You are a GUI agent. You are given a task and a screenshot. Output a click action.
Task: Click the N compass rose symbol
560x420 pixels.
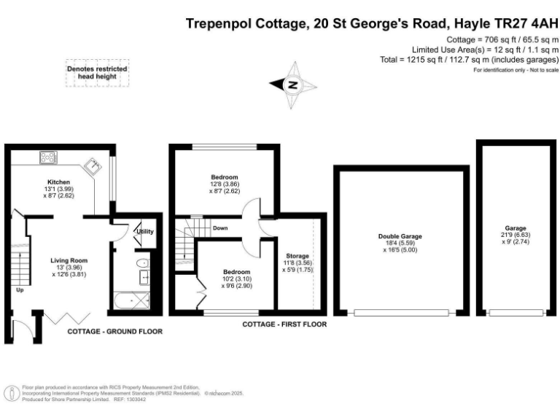click(x=294, y=85)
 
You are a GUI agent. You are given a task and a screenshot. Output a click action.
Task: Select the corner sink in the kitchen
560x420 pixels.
click(x=95, y=166)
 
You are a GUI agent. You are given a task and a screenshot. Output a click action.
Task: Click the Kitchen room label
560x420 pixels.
click(x=58, y=182)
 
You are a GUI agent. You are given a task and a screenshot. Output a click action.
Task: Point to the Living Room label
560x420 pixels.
click(x=69, y=260)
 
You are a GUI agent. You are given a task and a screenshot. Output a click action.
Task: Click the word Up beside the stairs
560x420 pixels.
click(x=19, y=289)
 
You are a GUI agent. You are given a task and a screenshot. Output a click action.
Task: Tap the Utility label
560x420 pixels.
click(x=144, y=231)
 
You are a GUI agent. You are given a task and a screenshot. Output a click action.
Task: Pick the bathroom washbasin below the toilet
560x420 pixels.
click(x=144, y=277)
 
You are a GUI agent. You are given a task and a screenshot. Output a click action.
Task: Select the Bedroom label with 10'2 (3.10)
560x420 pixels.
click(x=236, y=272)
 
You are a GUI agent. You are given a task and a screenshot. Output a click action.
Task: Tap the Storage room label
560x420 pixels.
click(x=297, y=256)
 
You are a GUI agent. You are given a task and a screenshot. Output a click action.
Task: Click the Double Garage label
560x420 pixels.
click(x=400, y=236)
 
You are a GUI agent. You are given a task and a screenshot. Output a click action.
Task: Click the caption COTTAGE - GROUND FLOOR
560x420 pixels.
click(x=114, y=331)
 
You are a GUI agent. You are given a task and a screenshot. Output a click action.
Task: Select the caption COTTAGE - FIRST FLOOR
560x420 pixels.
click(x=284, y=324)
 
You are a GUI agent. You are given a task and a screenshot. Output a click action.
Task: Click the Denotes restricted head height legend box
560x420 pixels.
click(x=98, y=71)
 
